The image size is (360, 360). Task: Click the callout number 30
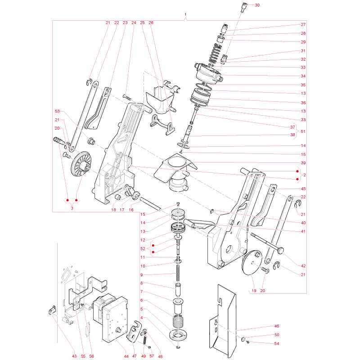click(x=257, y=5)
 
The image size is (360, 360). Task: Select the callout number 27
click(x=303, y=25)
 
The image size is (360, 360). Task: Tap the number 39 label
click(x=303, y=163)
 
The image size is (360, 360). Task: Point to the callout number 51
click(x=303, y=131)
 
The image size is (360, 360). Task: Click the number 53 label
click(x=57, y=111)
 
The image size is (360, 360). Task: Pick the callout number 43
click(x=74, y=356)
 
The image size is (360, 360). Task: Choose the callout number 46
click(x=277, y=326)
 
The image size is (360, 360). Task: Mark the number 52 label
click(x=143, y=249)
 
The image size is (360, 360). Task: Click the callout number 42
click(x=303, y=266)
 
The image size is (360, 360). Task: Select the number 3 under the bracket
click(x=72, y=208)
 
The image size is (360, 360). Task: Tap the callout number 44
click(x=126, y=356)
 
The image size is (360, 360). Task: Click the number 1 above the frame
click(x=185, y=15)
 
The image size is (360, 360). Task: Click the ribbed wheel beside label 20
click(x=81, y=164)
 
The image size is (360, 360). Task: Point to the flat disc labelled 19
click(x=252, y=262)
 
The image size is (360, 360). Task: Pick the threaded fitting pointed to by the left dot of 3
click(x=58, y=140)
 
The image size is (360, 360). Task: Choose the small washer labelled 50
click(x=243, y=339)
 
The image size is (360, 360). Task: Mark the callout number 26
click(x=151, y=23)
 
